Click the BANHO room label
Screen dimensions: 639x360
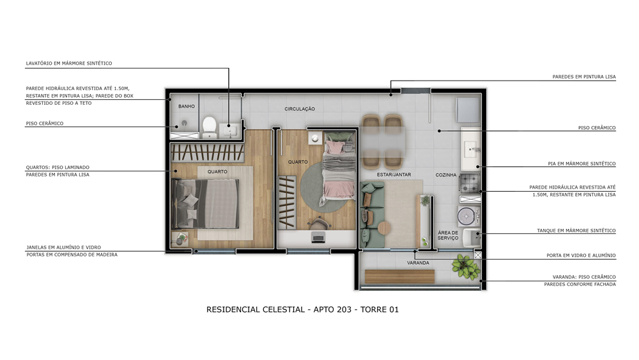coord(186,106)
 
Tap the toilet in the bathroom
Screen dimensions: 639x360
coord(210,127)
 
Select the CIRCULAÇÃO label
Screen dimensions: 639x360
coord(300,109)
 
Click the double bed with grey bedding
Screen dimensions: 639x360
coord(205,203)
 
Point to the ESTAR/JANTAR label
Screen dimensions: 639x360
coord(394,175)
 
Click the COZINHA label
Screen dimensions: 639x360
coord(446,175)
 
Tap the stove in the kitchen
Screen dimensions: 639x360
coord(470,183)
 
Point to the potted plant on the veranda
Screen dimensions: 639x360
coord(465,267)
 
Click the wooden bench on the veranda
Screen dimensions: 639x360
coord(399,276)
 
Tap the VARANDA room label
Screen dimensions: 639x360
coord(418,263)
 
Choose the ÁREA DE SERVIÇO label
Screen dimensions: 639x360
coord(448,235)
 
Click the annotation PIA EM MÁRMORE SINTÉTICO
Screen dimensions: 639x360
coord(581,164)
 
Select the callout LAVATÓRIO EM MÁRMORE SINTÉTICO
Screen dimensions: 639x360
coord(69,63)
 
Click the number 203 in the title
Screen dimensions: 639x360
coord(344,309)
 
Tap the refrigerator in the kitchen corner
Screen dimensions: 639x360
coord(468,109)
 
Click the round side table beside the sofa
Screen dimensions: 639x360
coord(384,228)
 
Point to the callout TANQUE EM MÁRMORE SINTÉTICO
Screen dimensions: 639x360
coord(576,230)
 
